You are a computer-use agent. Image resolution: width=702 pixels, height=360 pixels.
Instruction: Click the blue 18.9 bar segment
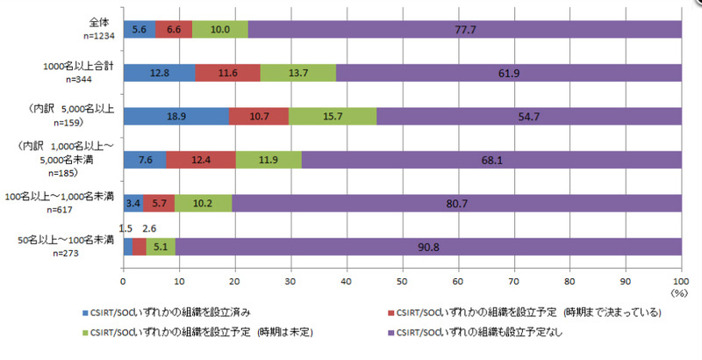[x=175, y=116]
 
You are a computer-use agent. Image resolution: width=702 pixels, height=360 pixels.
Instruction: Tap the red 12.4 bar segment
[x=200, y=160]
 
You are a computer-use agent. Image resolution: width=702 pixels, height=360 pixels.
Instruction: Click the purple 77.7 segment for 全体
[x=464, y=29]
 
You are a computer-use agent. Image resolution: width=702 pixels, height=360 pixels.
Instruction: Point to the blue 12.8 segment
[x=159, y=73]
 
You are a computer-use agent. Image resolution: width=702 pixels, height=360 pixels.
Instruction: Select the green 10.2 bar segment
[x=203, y=204]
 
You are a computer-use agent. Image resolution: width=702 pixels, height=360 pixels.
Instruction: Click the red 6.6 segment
[x=173, y=29]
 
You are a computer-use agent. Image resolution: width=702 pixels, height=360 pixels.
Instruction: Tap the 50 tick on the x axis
[x=401, y=283]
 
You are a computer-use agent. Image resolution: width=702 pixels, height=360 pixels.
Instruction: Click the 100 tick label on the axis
[x=680, y=283]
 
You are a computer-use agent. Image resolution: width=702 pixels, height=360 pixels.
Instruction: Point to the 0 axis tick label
[x=123, y=283]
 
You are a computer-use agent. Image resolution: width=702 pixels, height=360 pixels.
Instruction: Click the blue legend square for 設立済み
[x=84, y=312]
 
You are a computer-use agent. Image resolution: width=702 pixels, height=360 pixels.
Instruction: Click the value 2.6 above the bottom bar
[x=150, y=230]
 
